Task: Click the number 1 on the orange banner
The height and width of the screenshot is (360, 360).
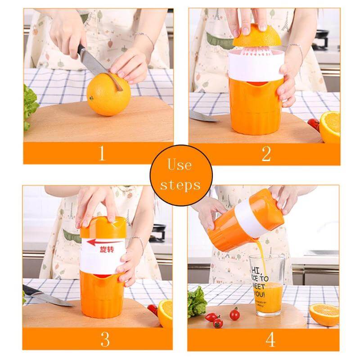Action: click(102, 153)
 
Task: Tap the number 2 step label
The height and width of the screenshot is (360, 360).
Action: click(266, 153)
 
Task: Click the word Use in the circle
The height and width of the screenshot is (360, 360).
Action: click(180, 165)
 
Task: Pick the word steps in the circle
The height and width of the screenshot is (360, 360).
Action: click(180, 184)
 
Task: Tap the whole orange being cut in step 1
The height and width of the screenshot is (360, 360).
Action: click(108, 95)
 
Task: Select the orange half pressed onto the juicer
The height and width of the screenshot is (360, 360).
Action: click(256, 36)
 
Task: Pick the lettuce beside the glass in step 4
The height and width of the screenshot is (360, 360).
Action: click(197, 301)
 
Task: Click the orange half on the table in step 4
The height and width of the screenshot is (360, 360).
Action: click(324, 314)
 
